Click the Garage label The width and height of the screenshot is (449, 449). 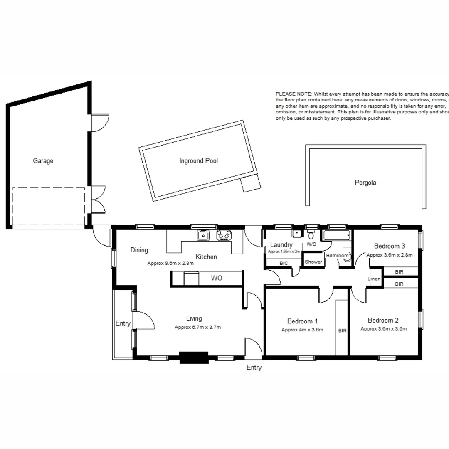click(43, 161)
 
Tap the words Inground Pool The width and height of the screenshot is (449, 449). click(198, 161)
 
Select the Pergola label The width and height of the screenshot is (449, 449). click(365, 182)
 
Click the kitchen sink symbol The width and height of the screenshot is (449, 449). click(203, 236)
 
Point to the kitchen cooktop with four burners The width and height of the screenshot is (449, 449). click(224, 236)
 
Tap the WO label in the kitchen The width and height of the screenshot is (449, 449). click(217, 278)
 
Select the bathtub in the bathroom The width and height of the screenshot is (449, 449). click(337, 236)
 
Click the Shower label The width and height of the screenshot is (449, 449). click(313, 262)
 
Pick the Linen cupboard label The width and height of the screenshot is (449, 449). click(374, 279)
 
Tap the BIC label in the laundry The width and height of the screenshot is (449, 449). click(284, 263)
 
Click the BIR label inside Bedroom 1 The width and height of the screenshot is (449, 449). click(342, 331)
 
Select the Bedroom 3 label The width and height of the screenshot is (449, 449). click(389, 246)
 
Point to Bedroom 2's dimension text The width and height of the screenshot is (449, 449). click(383, 328)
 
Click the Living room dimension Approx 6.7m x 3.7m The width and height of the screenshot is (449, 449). click(197, 327)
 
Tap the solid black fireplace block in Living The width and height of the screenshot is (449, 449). click(193, 358)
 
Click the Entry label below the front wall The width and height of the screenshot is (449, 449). click(254, 368)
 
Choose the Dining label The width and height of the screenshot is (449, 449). click(139, 250)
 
